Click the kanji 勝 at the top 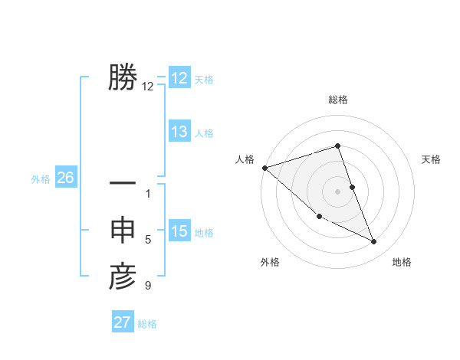tap(123, 77)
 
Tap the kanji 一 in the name tap(123, 184)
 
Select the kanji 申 tap(123, 231)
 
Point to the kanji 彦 tap(123, 277)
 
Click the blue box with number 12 tap(179, 78)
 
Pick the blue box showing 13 tap(179, 132)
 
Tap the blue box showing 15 tap(179, 231)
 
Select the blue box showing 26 tap(65, 178)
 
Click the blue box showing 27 tap(123, 322)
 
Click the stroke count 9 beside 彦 tap(148, 286)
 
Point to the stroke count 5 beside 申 tap(148, 240)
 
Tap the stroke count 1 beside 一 tap(148, 193)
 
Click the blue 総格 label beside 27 tap(147, 324)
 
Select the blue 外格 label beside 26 tap(41, 179)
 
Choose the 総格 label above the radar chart tap(338, 100)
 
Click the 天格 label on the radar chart tap(432, 159)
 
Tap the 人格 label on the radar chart tap(245, 159)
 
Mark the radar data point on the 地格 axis tap(374, 242)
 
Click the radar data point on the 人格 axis tap(264, 167)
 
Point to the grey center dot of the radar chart tap(338, 191)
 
